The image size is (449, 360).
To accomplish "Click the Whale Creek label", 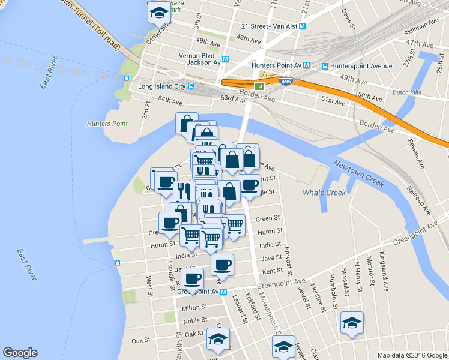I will (x=324, y=193).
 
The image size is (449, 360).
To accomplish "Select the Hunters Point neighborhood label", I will (x=107, y=124).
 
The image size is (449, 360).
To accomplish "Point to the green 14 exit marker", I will (x=259, y=86).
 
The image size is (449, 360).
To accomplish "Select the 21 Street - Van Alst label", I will (x=269, y=26).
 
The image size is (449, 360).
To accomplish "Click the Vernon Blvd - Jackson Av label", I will (x=199, y=59).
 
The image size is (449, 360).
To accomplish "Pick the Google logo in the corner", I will (x=20, y=353).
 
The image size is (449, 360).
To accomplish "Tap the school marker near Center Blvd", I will (x=158, y=12).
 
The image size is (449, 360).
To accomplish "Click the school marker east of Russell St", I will (x=351, y=323).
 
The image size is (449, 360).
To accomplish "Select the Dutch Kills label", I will (x=408, y=94).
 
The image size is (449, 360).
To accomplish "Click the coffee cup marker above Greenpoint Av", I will (x=192, y=278).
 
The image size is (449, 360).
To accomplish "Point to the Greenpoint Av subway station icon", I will (x=223, y=292).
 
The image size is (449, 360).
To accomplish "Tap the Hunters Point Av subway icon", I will (x=306, y=66).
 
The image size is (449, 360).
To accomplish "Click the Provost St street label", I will (x=288, y=259).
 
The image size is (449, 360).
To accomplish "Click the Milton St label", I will (x=194, y=307).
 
